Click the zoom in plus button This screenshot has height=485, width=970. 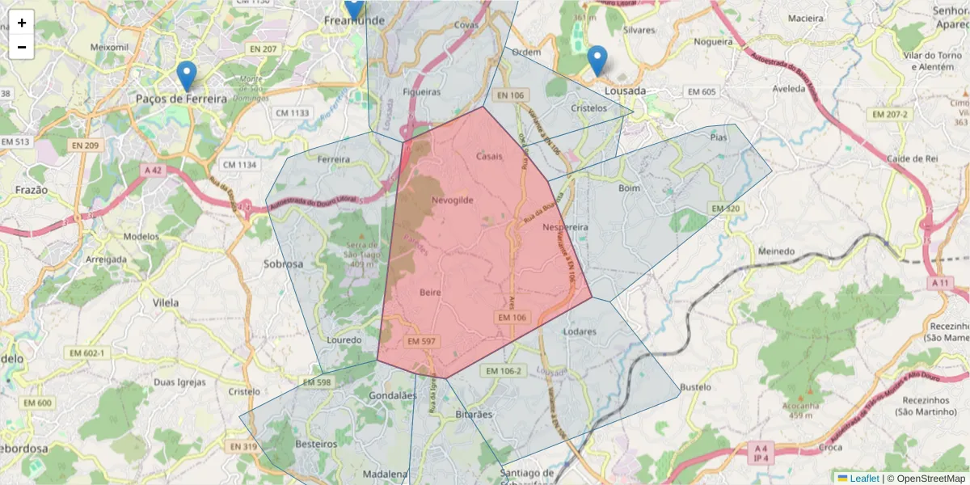click(22, 23)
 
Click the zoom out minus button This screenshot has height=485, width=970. click(22, 47)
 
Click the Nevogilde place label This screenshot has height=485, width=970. click(453, 200)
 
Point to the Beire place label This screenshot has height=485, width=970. click(431, 292)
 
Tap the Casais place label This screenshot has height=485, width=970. click(490, 156)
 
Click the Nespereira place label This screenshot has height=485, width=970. click(565, 227)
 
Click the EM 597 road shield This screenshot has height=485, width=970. click(421, 342)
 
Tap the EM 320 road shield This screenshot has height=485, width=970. click(725, 209)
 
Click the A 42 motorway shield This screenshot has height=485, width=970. click(153, 171)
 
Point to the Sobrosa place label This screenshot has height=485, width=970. click(284, 264)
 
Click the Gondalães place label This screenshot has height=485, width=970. click(392, 395)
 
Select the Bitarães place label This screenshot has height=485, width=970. click(473, 414)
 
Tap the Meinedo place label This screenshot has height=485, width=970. click(776, 251)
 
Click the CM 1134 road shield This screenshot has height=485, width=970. click(239, 165)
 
